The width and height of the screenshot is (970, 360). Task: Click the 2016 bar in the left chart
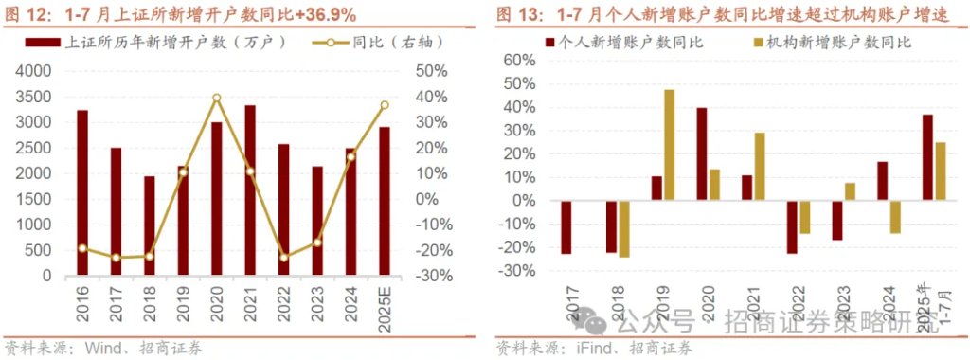tap(82, 193)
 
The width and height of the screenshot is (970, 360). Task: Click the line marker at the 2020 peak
tap(217, 98)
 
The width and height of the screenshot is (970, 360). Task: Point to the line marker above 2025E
tap(385, 105)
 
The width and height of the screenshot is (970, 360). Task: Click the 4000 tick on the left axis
tap(34, 71)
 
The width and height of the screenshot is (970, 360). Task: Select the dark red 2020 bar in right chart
tap(702, 153)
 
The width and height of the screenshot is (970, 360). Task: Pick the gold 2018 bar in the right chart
tap(623, 228)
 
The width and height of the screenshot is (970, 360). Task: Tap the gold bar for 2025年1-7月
tap(941, 171)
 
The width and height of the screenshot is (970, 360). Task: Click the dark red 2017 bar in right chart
tap(566, 227)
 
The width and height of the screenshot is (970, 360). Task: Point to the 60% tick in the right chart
tap(520, 60)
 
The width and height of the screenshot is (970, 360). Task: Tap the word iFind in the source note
tap(599, 347)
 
